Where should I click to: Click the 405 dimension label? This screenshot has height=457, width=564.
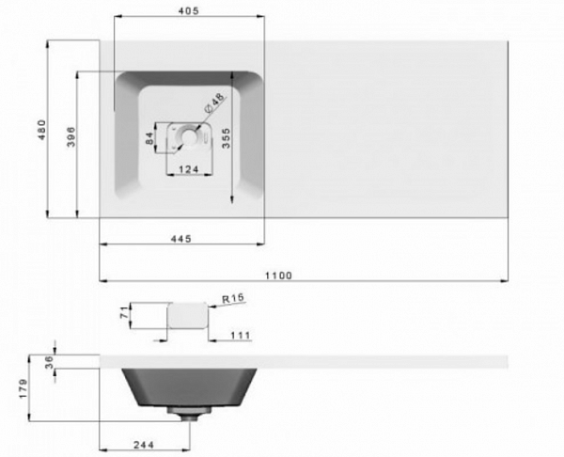(189, 11)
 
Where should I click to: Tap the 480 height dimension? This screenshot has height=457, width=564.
(42, 130)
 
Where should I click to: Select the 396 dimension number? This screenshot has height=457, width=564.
(71, 136)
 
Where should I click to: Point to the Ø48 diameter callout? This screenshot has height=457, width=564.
(214, 103)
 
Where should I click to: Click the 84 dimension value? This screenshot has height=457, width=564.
(149, 138)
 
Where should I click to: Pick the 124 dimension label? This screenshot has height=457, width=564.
(189, 169)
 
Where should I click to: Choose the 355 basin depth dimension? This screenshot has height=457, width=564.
(226, 138)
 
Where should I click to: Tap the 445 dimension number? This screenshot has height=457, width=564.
(180, 239)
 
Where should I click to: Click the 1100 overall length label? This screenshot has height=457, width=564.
(279, 276)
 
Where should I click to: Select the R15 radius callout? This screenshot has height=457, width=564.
(233, 298)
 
